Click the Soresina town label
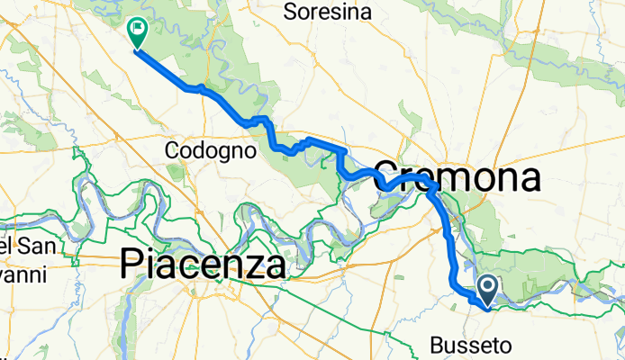[x=328, y=12]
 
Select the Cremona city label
[x=457, y=176]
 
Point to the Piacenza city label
[x=204, y=264]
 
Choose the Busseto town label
[x=471, y=345]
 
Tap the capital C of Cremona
[x=385, y=176]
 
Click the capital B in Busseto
[x=438, y=345]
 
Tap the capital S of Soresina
[x=290, y=12]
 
